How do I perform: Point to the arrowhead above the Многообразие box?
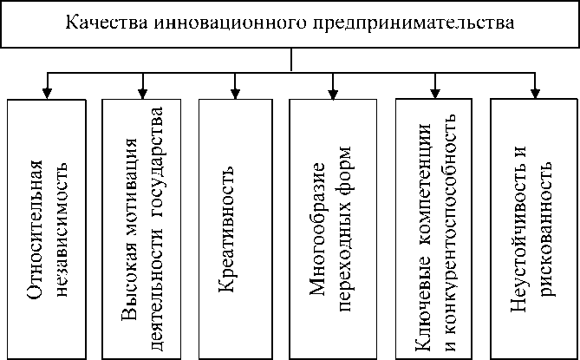pos(331,90)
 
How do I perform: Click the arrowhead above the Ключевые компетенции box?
pos(434,90)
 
